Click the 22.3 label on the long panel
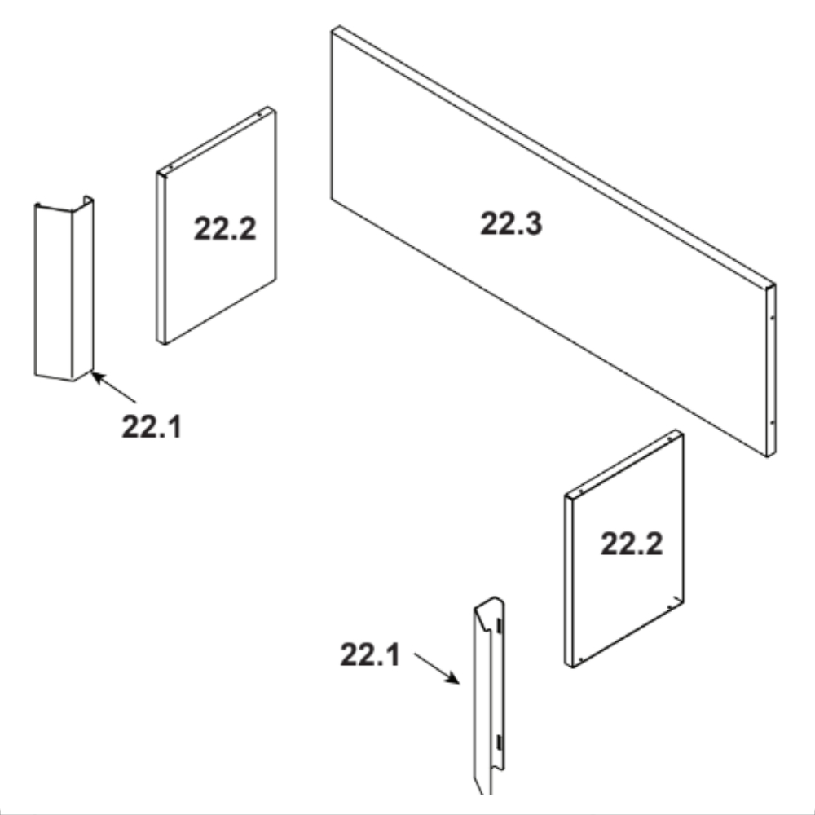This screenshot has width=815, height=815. pyautogui.click(x=511, y=223)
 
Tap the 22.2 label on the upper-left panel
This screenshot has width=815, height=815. pyautogui.click(x=225, y=228)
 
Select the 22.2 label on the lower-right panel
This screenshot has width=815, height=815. pyautogui.click(x=632, y=544)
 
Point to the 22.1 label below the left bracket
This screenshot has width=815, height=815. pyautogui.click(x=152, y=426)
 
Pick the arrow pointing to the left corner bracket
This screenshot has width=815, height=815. pyautogui.click(x=113, y=387)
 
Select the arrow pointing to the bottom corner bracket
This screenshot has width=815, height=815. pyautogui.click(x=437, y=668)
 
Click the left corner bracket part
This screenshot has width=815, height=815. pyautogui.click(x=64, y=289)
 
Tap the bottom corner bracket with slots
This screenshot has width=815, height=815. pyautogui.click(x=488, y=697)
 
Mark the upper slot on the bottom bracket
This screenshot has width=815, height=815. pyautogui.click(x=499, y=626)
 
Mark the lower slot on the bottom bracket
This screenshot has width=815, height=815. pyautogui.click(x=499, y=742)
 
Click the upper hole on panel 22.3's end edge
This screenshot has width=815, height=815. pyautogui.click(x=773, y=316)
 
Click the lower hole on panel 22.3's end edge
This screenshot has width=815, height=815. pyautogui.click(x=772, y=422)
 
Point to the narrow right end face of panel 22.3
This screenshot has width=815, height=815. pyautogui.click(x=771, y=371)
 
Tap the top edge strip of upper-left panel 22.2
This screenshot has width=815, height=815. pyautogui.click(x=216, y=141)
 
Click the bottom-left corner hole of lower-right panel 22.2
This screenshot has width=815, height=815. pyautogui.click(x=580, y=660)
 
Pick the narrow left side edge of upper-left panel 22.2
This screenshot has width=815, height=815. pyautogui.click(x=161, y=258)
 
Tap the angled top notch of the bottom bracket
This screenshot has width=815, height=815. pyautogui.click(x=488, y=614)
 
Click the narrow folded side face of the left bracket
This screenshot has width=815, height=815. pyautogui.click(x=82, y=288)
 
